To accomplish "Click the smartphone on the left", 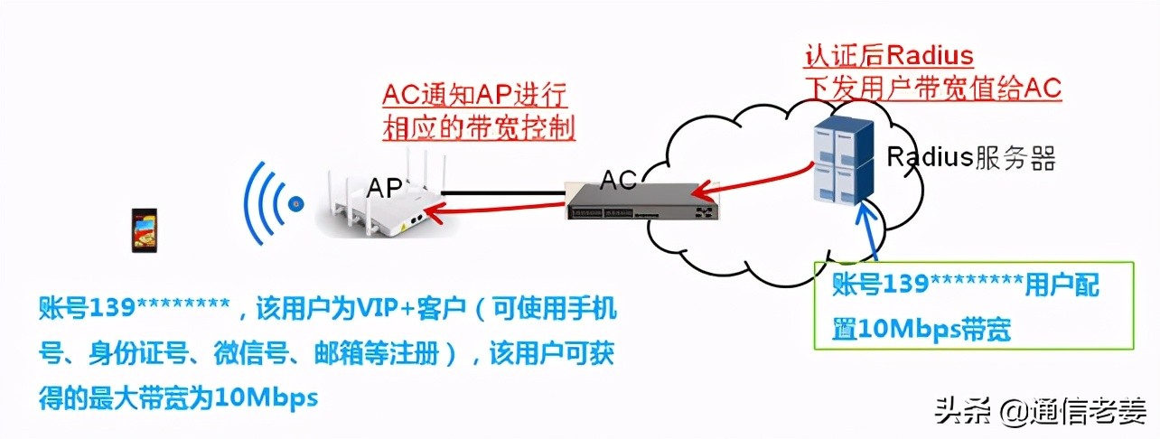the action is point(145,230).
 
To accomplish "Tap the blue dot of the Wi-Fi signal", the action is point(295,204).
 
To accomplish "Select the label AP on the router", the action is point(384,187).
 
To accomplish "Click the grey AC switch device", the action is point(642,202).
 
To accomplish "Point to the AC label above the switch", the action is point(618,180).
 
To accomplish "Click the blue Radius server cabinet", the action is point(843,162).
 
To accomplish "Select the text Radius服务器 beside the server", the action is point(971,157).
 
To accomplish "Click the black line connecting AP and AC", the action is point(503,193).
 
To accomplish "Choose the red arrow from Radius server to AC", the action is point(752,182).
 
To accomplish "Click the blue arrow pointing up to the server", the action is point(867,229).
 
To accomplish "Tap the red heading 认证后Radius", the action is point(889,55).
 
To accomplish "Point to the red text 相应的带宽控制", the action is point(479,128).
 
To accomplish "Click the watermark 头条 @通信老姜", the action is point(1040,413).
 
